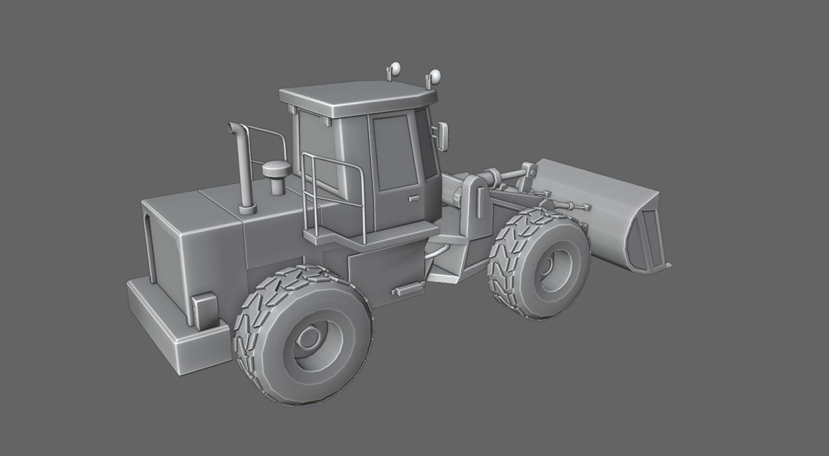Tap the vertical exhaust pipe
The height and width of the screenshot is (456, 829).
pyautogui.click(x=244, y=169)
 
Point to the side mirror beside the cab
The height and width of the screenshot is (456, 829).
pyautogui.click(x=444, y=136)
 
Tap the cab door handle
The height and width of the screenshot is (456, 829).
pyautogui.click(x=413, y=198)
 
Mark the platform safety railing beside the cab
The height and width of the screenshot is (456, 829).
pyautogui.click(x=335, y=196)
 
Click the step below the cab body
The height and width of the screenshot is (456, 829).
pyautogui.click(x=406, y=290)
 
